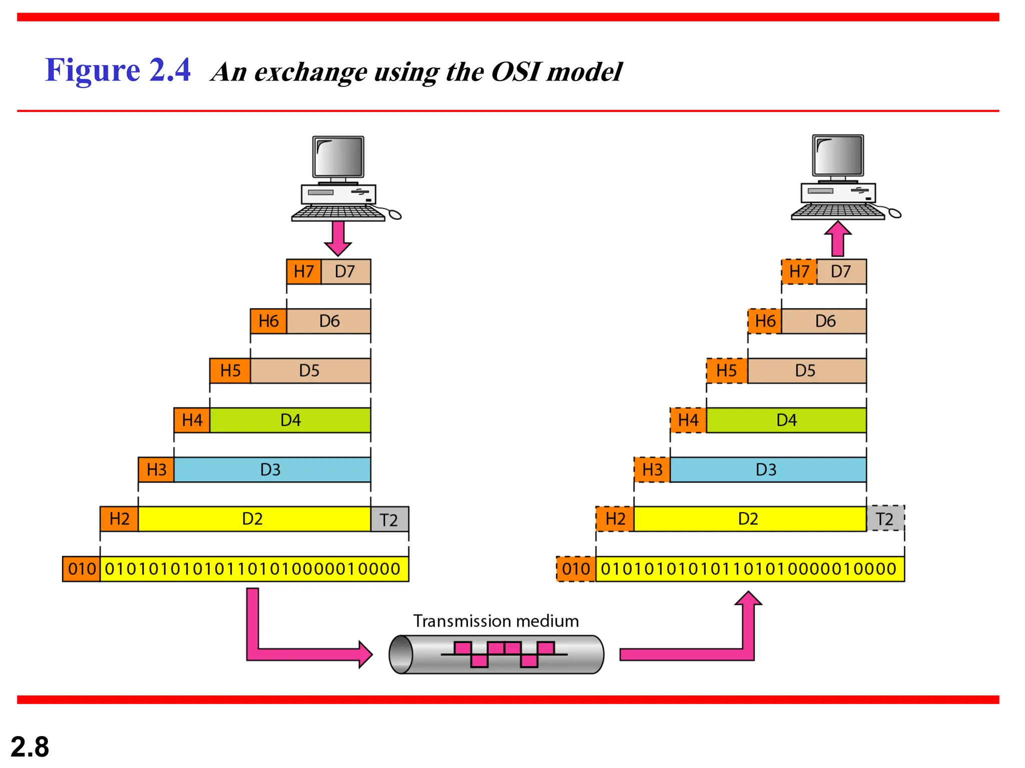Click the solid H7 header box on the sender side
304,271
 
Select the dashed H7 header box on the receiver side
799,271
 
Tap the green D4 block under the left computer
290,420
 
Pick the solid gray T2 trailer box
389,519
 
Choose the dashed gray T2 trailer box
885,518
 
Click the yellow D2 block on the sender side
253,519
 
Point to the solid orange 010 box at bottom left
82,569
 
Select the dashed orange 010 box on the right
576,569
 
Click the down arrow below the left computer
338,238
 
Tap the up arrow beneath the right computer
838,238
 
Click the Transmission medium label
495,621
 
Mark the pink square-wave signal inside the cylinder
504,654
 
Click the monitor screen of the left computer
338,156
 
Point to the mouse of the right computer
895,214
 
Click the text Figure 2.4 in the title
118,70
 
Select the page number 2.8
30,747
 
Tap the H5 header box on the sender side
230,370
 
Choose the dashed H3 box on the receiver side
652,469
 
